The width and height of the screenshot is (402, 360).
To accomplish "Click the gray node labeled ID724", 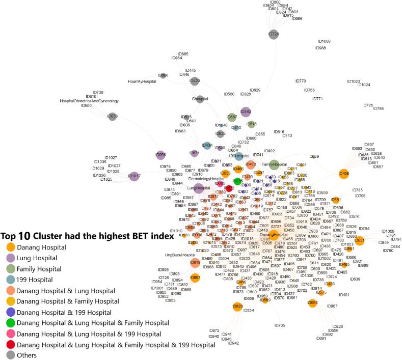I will click(274, 34).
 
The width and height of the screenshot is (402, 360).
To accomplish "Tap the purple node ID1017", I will click(133, 176).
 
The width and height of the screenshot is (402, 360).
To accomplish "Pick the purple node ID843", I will click(246, 112).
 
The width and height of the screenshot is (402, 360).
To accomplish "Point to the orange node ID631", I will click(359, 240).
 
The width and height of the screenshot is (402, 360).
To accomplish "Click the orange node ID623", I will click(237, 307).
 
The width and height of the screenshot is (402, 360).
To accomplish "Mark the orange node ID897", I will click(195, 278).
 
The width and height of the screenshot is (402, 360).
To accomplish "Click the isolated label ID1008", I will click(324, 41).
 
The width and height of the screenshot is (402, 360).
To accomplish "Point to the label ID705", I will click(280, 325).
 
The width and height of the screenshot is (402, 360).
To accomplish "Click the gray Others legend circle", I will click(10, 355).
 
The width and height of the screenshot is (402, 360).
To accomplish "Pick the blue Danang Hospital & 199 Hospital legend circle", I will click(10, 311).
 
